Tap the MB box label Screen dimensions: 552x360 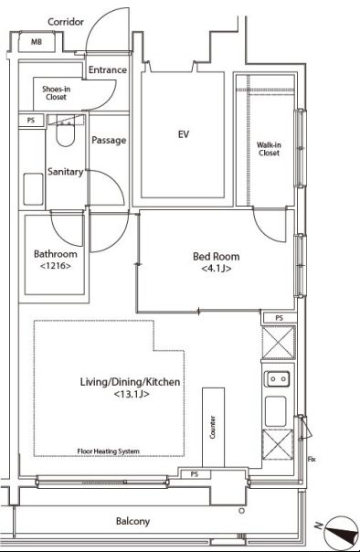pos(37,42)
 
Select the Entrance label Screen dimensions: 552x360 pos(107,70)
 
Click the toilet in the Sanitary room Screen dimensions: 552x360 pos(63,134)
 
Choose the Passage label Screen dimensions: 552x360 pos(109,140)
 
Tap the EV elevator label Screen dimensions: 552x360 pos(183,134)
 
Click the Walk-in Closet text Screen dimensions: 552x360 pos(268,148)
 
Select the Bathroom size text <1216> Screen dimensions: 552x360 pos(55,266)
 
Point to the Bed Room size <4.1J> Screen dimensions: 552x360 pos(216,270)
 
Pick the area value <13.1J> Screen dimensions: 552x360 pos(132,395)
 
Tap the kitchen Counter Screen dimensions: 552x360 pos(213,425)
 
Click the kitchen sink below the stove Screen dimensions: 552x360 pos(275,410)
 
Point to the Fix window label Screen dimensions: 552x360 pos(312,459)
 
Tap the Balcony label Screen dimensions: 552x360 pos(132,521)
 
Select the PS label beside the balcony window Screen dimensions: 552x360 pos(194,474)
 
